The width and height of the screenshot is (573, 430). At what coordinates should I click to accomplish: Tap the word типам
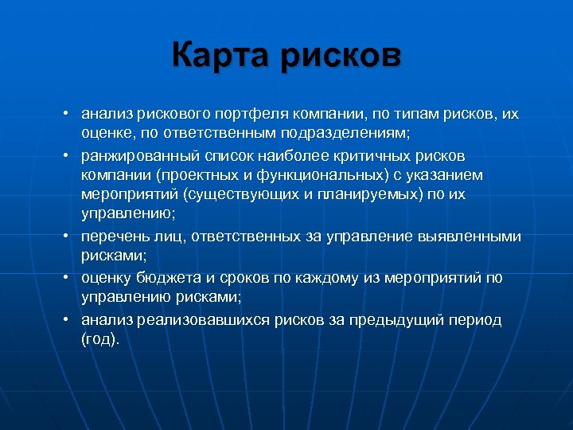[x=409, y=114]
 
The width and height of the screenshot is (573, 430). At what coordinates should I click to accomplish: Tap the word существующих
[x=240, y=195]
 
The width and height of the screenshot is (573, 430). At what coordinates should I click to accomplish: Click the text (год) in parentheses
[x=99, y=339]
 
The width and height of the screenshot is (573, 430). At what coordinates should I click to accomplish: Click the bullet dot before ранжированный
[x=70, y=154]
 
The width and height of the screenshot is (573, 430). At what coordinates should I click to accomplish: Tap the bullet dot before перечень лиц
[x=70, y=236]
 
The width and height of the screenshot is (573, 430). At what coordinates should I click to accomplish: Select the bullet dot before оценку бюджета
[x=70, y=278]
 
